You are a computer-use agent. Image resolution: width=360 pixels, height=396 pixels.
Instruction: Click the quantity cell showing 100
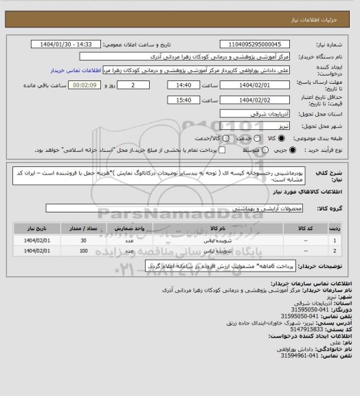[x=83, y=251]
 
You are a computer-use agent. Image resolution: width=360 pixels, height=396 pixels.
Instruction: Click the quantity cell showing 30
[x=83, y=240]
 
